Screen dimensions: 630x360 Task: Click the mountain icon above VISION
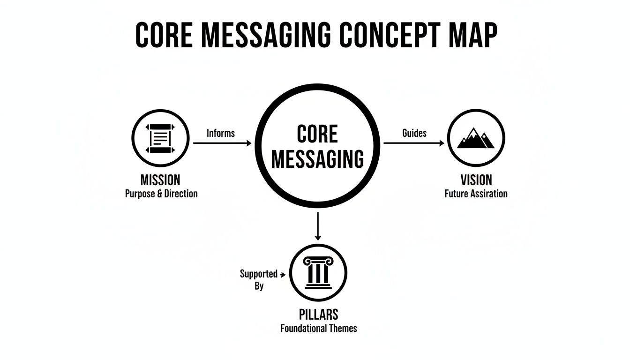pyautogui.click(x=476, y=138)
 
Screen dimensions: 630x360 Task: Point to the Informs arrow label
pyautogui.click(x=220, y=133)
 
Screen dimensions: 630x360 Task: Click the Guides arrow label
pyautogui.click(x=414, y=133)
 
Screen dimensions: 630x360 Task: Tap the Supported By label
pyautogui.click(x=259, y=279)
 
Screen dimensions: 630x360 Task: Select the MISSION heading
pyautogui.click(x=160, y=180)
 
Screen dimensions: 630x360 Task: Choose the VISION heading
pyautogui.click(x=476, y=180)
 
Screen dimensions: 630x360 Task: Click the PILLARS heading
pyautogui.click(x=318, y=315)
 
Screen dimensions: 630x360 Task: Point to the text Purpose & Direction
pyautogui.click(x=161, y=194)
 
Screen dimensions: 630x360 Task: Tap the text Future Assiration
pyautogui.click(x=476, y=194)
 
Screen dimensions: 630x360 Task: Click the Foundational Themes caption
pyautogui.click(x=319, y=328)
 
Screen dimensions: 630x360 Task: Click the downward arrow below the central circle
pyautogui.click(x=318, y=226)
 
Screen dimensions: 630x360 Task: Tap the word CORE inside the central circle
pyautogui.click(x=317, y=135)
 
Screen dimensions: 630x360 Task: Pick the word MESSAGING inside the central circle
pyautogui.click(x=317, y=159)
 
